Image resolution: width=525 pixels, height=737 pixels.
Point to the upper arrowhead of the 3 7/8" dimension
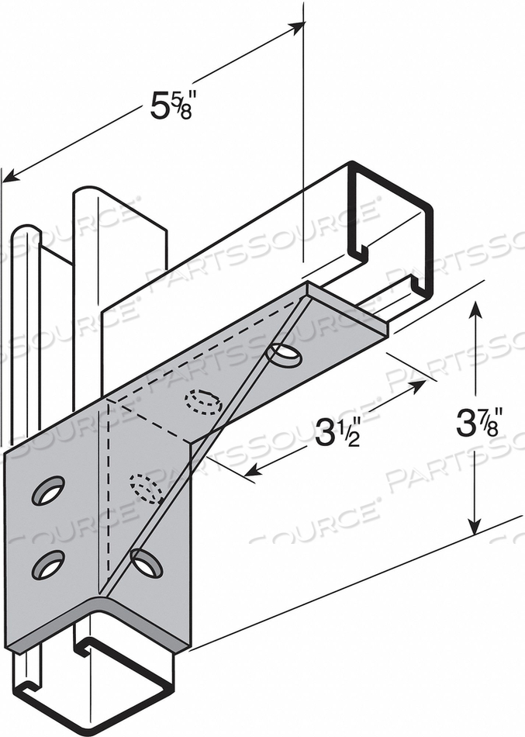[475, 308]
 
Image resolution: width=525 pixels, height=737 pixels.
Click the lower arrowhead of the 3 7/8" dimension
[475, 528]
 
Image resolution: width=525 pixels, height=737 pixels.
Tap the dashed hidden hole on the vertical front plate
[145, 489]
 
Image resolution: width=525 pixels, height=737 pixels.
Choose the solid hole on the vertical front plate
[147, 562]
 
